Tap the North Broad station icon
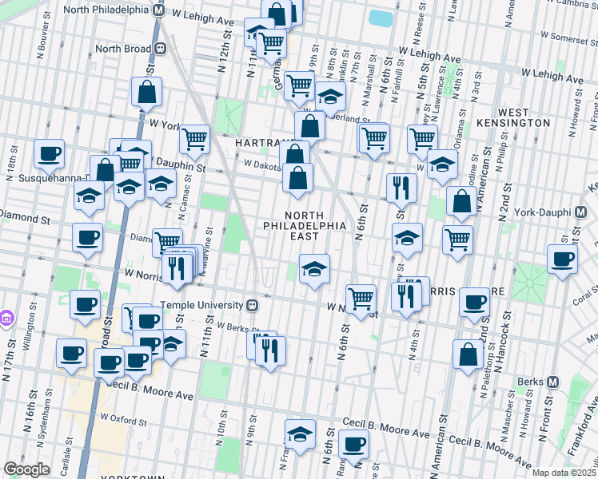click(161, 48)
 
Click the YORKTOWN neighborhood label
click(133, 476)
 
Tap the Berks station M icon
click(551, 382)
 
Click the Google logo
click(26, 469)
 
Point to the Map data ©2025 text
click(564, 473)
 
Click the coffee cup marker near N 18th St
click(50, 153)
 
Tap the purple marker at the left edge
click(6, 318)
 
